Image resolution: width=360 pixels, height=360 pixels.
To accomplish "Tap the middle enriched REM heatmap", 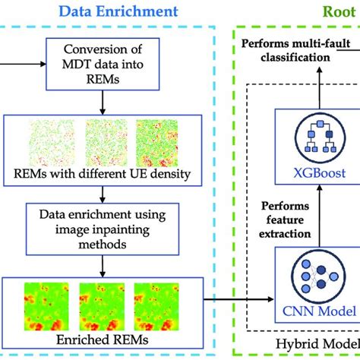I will (x=103, y=303).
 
